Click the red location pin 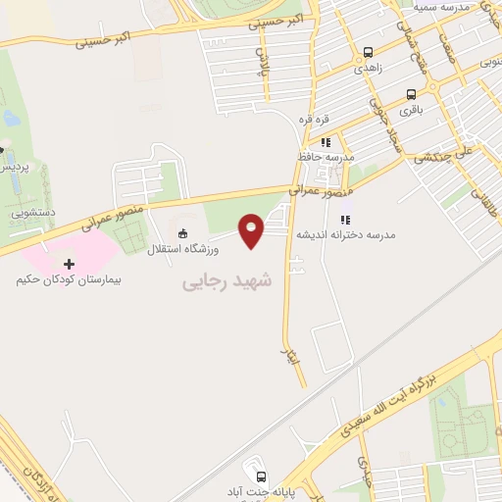click(252, 230)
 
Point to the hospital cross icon click(69, 264)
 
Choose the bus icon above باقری click(411, 96)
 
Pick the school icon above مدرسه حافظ click(326, 142)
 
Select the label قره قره click(326, 119)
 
